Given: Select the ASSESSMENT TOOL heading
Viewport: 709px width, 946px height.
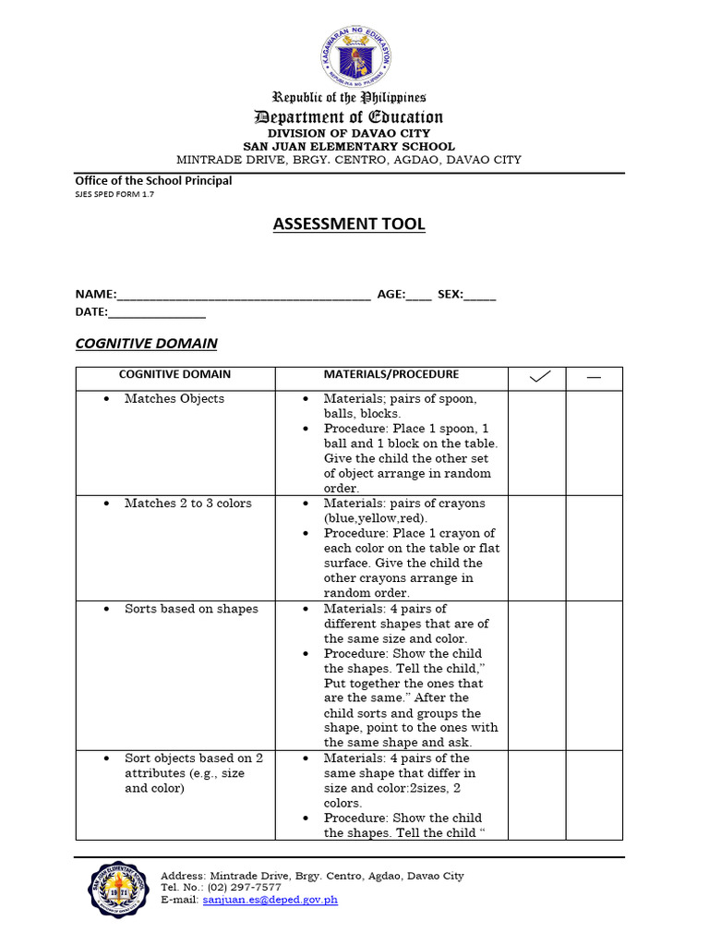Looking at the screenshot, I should [x=349, y=224].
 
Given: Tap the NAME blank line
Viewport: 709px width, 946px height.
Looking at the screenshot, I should [x=244, y=295].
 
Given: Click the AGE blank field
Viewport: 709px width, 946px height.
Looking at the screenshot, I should [x=418, y=295].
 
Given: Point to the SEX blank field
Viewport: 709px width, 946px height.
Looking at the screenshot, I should [x=479, y=295].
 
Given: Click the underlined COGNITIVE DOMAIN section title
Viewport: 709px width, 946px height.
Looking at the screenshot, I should [x=146, y=344].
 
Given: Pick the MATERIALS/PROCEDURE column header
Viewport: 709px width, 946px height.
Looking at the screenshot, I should [x=391, y=375].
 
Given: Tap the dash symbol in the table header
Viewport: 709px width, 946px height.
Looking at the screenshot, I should [x=594, y=376].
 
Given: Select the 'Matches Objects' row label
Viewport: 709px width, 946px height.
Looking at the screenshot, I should [x=174, y=399].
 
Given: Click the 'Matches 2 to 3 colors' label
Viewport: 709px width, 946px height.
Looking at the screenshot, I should [x=187, y=503].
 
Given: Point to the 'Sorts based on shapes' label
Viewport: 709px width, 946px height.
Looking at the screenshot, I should [x=191, y=609].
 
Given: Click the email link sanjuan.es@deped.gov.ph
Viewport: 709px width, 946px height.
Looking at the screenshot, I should [x=270, y=900].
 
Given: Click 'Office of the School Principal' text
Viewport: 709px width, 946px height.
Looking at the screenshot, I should [x=153, y=181].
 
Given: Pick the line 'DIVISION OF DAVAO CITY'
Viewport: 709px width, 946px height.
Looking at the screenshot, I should [x=349, y=133].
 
